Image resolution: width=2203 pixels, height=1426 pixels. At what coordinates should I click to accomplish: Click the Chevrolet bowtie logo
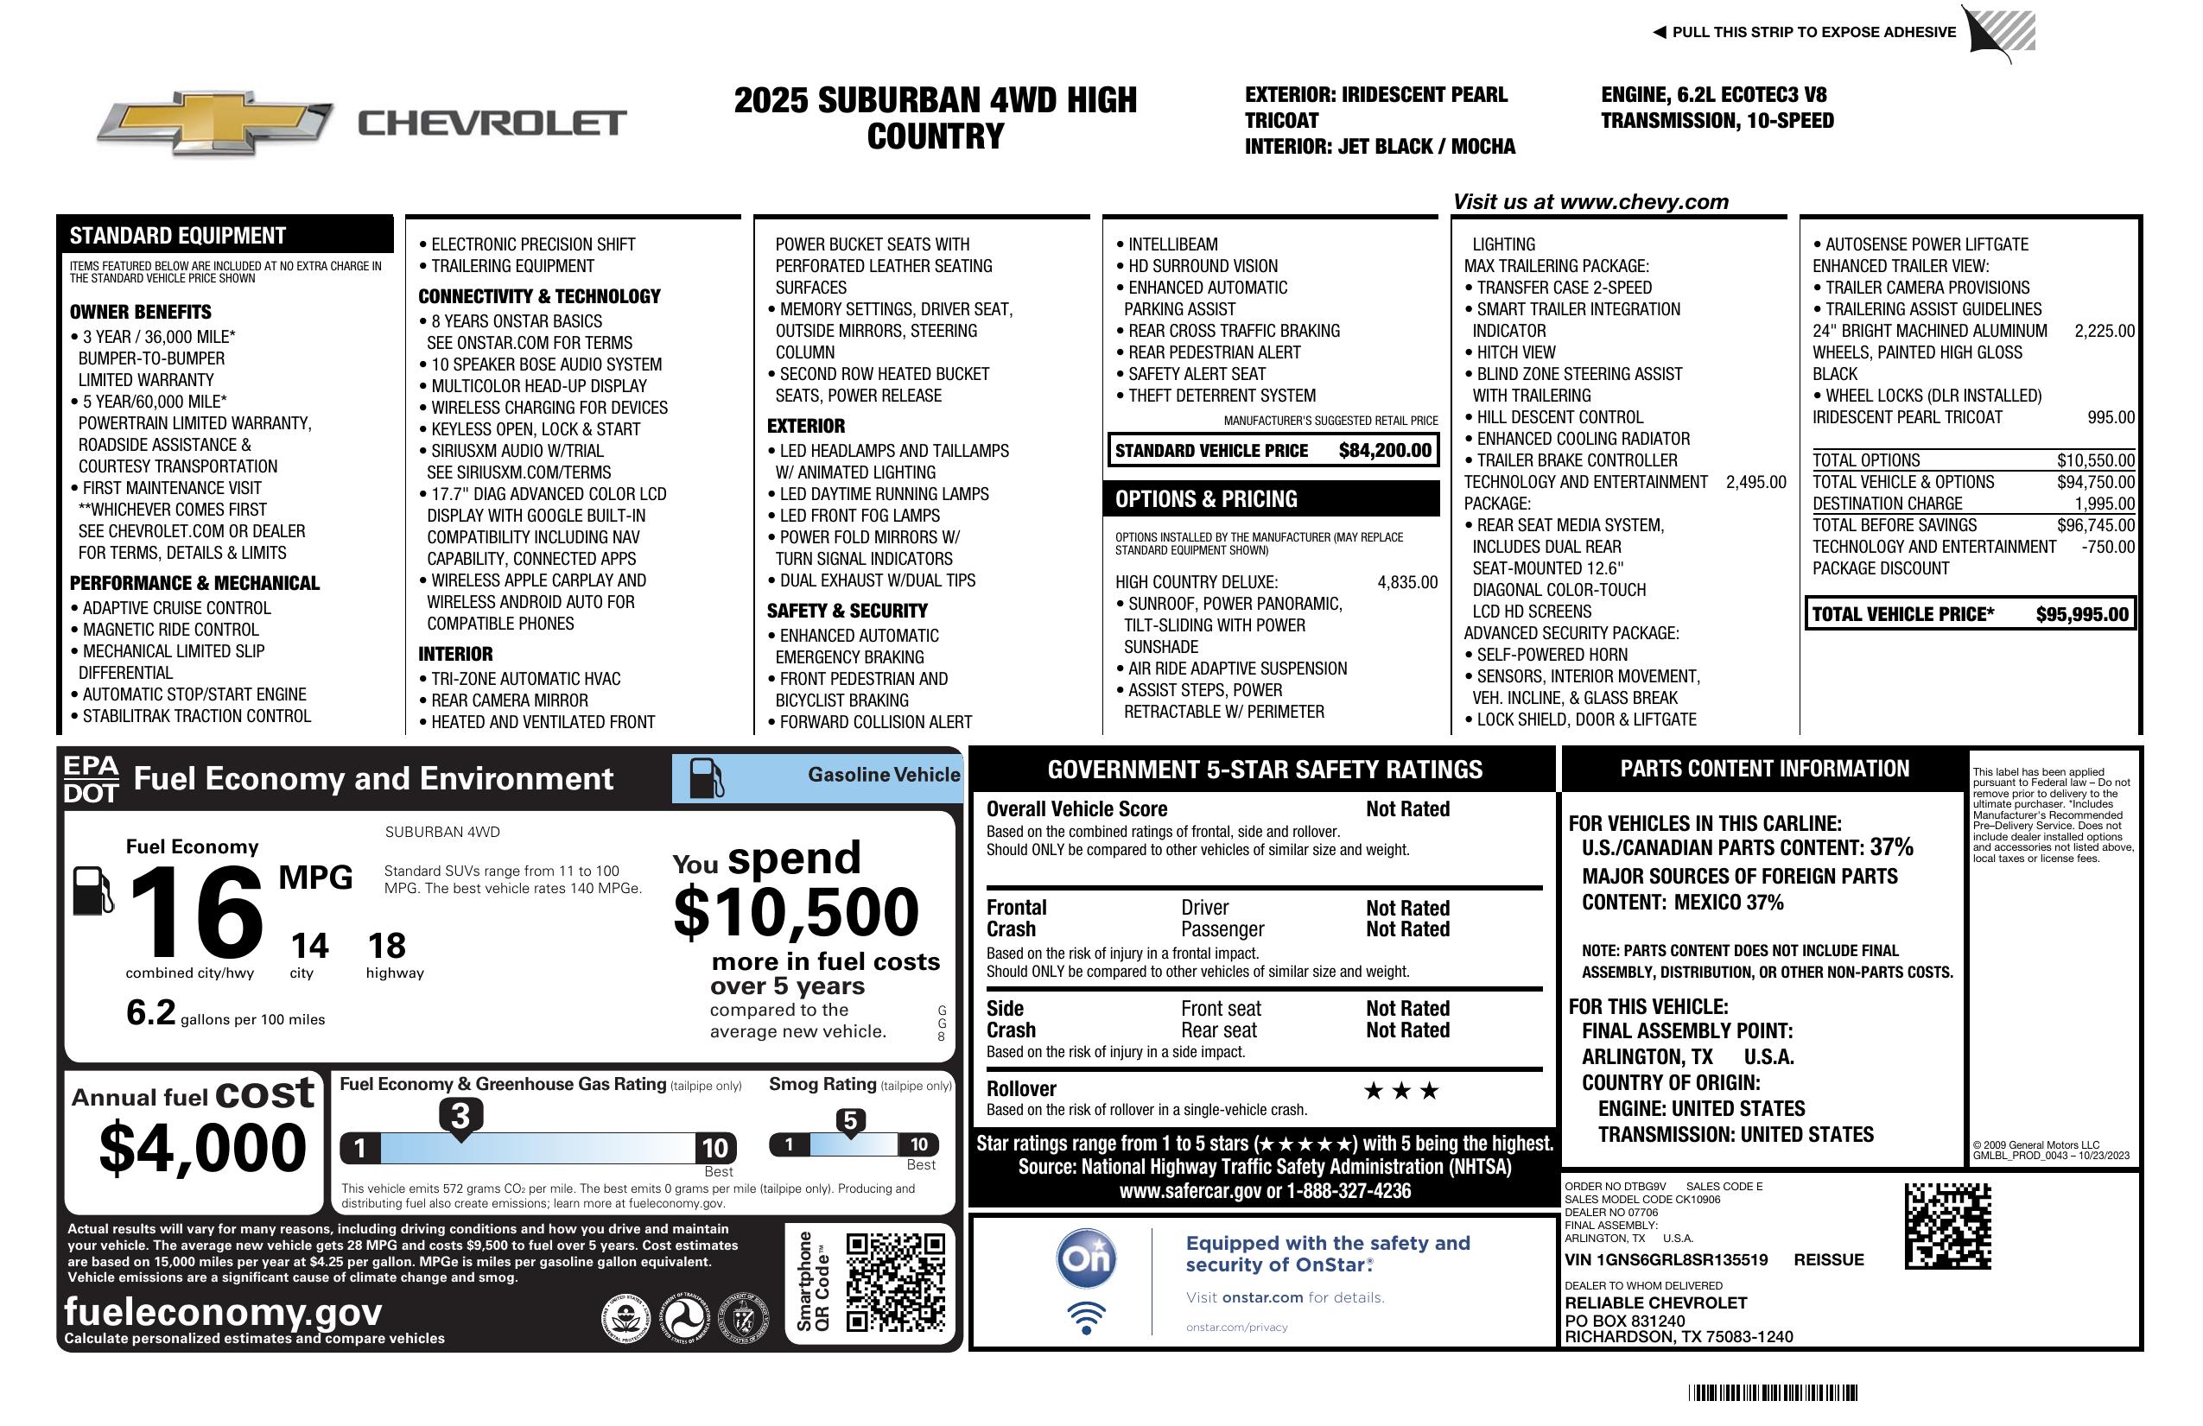click(215, 123)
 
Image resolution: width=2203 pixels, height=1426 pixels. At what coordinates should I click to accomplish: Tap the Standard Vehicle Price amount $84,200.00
click(1385, 451)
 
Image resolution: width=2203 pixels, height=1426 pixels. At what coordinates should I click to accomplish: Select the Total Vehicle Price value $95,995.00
click(2082, 614)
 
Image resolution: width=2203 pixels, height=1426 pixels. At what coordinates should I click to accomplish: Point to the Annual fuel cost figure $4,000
click(202, 1148)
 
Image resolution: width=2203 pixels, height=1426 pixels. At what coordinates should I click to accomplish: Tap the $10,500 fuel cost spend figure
click(796, 912)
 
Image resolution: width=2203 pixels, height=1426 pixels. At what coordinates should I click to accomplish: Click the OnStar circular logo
click(1086, 1258)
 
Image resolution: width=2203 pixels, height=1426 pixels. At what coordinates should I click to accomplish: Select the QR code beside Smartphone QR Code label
click(895, 1282)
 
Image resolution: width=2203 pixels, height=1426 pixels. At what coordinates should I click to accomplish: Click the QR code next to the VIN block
click(1947, 1226)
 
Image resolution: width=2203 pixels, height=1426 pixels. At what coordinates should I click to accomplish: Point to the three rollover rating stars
click(1401, 1091)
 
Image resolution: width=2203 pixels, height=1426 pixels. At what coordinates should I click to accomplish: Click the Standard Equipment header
click(178, 236)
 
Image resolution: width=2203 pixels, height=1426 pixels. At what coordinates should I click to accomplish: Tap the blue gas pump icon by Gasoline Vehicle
click(705, 777)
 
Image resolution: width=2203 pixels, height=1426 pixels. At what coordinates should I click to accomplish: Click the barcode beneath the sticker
click(1773, 1392)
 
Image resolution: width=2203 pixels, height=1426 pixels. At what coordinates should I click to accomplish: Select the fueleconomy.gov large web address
click(223, 1311)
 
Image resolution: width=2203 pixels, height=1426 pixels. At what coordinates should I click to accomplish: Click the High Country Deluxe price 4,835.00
click(1407, 582)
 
